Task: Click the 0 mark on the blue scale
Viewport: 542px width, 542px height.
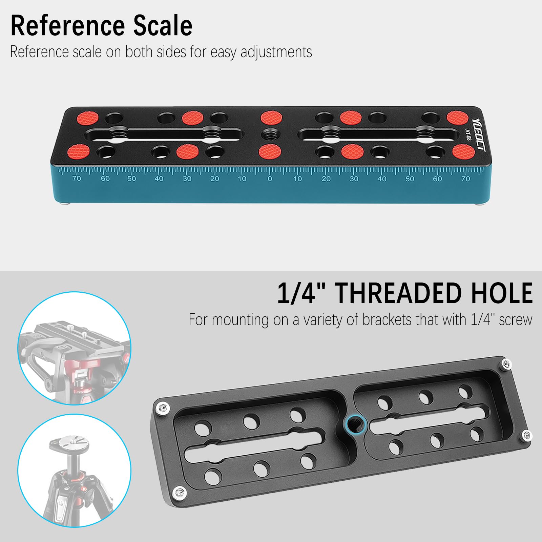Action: coord(270,179)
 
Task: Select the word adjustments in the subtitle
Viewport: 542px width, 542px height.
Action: coord(276,52)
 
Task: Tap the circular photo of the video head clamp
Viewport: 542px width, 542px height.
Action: coord(74,348)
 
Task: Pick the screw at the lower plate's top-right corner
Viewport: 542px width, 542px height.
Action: coord(506,364)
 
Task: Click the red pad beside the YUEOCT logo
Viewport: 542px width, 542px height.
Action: coord(457,118)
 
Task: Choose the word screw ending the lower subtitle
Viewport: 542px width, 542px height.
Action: coord(515,320)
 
